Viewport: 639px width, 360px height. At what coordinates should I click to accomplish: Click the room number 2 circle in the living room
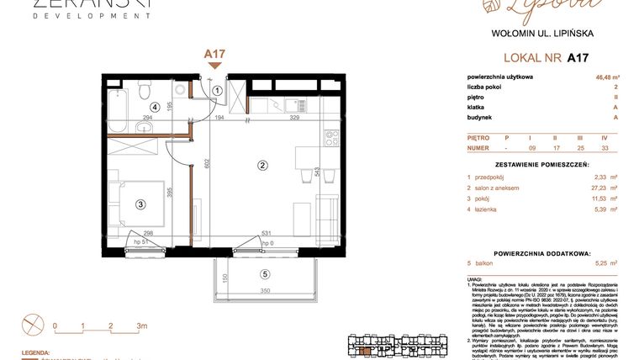coord(262,166)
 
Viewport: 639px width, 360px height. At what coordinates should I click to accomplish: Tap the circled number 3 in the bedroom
coord(141,203)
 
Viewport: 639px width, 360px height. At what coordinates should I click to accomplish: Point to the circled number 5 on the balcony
coord(265,273)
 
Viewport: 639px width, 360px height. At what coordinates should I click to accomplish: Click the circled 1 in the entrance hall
coord(217,91)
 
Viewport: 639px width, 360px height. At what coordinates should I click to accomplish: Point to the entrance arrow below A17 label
coord(215,66)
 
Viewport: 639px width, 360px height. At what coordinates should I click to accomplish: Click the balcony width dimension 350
coord(265,290)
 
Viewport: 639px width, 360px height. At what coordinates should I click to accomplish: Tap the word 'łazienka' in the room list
coord(493,209)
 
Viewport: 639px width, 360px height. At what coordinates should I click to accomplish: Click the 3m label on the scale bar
coord(141,325)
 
